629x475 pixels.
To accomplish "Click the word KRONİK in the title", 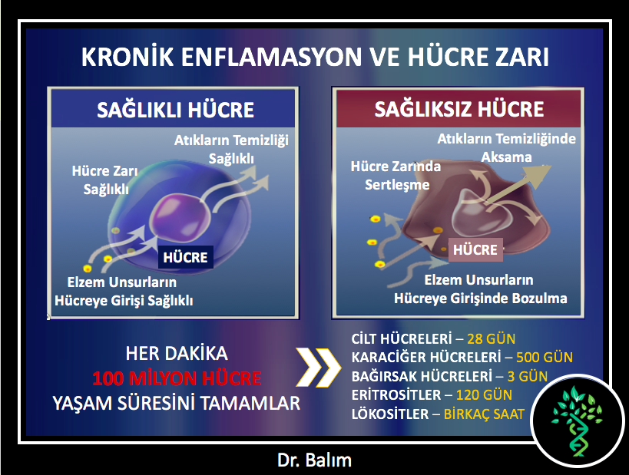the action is [127, 57].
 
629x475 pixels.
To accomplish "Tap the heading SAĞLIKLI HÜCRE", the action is [175, 110].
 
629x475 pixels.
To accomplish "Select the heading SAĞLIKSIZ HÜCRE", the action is [459, 109].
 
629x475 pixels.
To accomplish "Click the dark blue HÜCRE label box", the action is [185, 257].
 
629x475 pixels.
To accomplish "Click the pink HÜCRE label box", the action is [475, 249].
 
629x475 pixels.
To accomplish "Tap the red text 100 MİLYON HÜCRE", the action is [177, 378].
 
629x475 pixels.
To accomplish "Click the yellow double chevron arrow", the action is [318, 367].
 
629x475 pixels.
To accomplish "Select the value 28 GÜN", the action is [491, 339].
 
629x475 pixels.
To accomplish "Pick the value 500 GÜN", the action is [545, 357].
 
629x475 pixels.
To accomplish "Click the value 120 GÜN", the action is [484, 395].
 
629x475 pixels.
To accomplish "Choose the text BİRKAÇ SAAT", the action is [484, 414].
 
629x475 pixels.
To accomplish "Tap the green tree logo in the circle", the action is [577, 421].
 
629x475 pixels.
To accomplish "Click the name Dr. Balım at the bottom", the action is [315, 460].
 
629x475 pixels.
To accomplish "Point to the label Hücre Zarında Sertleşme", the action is [396, 176].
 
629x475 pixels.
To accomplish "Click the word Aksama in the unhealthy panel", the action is [506, 157].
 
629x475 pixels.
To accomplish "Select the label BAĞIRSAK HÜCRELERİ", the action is [422, 376].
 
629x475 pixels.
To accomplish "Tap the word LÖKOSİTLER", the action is [390, 414].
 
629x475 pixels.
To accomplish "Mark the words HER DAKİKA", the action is [177, 354].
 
